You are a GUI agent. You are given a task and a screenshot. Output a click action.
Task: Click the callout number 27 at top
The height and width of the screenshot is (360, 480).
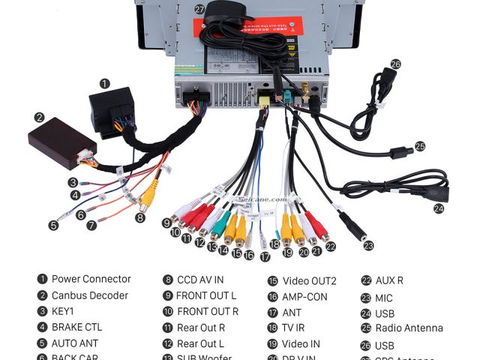click(199, 9)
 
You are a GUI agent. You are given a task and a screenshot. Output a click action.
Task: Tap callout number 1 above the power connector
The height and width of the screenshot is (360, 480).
click(104, 83)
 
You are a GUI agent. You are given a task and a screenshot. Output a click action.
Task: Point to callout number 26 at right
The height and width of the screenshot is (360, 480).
click(395, 64)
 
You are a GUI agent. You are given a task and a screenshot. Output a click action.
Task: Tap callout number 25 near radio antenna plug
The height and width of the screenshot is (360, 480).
click(420, 146)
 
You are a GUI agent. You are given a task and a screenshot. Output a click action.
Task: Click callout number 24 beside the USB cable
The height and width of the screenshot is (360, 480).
click(439, 208)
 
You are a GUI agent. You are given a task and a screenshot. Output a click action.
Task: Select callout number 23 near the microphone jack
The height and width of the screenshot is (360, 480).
click(367, 245)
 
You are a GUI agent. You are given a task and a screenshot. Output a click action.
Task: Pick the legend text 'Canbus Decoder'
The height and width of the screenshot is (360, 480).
click(89, 295)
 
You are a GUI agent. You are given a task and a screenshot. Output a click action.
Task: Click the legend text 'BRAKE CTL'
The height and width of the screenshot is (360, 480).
click(76, 327)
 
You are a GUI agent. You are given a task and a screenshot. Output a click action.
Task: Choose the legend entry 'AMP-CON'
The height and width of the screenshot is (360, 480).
click(304, 296)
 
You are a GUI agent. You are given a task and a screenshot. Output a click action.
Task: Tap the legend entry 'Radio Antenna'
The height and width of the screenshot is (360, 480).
click(409, 328)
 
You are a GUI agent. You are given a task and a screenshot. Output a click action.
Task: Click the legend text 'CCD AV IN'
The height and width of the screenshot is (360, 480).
click(200, 280)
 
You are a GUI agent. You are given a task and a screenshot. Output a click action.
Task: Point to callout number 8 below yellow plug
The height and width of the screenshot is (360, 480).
click(139, 217)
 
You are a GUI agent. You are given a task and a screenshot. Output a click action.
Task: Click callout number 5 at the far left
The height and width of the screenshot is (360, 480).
click(53, 224)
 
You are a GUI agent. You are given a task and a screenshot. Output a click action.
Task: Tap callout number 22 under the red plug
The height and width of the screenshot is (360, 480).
click(331, 246)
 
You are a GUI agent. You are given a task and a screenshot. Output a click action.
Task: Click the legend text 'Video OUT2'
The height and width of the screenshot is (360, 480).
click(309, 281)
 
